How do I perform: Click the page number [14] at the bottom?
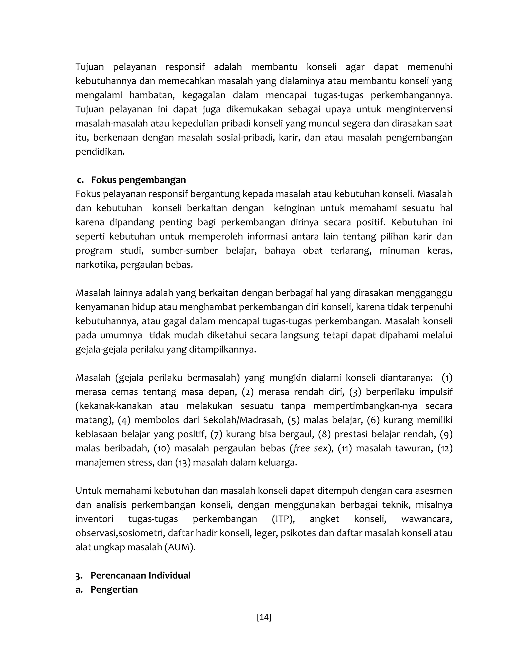264,617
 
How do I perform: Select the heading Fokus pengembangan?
138,180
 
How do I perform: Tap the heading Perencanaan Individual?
141,575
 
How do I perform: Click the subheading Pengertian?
114,589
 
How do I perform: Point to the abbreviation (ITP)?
283,519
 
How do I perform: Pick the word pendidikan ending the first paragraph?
100,151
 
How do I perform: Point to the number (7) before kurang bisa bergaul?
216,434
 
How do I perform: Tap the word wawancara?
426,519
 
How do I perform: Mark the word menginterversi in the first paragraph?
419,109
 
